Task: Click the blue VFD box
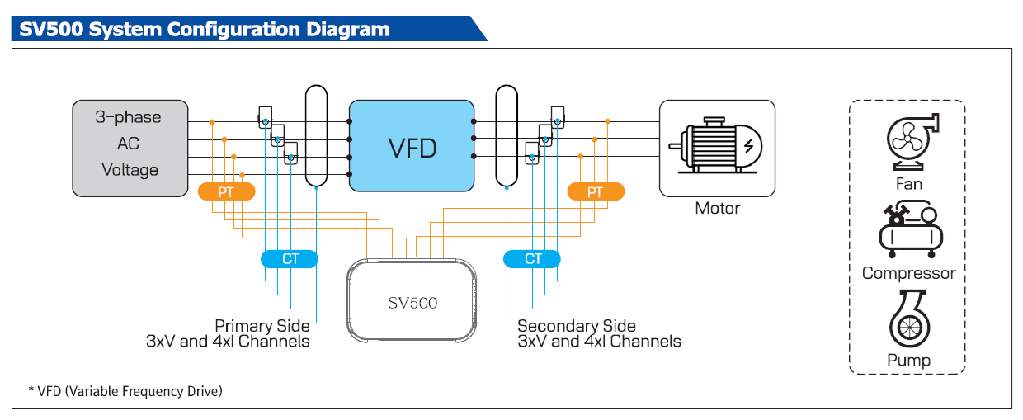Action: (411, 146)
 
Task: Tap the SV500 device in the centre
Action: (412, 301)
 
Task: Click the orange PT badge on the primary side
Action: (226, 192)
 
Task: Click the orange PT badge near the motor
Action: (596, 192)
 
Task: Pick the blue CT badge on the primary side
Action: (290, 259)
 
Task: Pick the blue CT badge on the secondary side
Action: (533, 259)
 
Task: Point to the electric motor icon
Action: (716, 148)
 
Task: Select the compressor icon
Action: (908, 231)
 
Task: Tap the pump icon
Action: (908, 322)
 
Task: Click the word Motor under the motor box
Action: (717, 208)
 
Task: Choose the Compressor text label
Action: (908, 273)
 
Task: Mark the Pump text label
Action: (908, 361)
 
